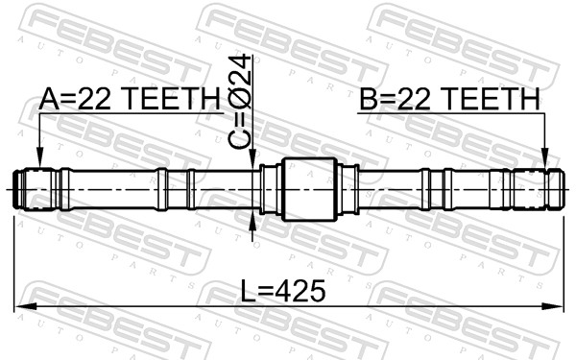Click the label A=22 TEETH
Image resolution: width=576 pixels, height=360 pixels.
pos(130,99)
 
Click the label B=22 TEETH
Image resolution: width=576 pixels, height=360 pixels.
pos(449,99)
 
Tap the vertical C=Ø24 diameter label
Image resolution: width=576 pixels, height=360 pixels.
pos(240,102)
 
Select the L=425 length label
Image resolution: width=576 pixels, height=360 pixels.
pos(283,290)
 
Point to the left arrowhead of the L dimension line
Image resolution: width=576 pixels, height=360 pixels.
pos(25,306)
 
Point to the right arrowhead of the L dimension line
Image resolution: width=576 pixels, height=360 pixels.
pos(553,306)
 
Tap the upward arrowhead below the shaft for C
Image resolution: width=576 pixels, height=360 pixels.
pos(252,220)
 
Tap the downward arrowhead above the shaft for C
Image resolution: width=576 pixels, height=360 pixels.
pos(252,159)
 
